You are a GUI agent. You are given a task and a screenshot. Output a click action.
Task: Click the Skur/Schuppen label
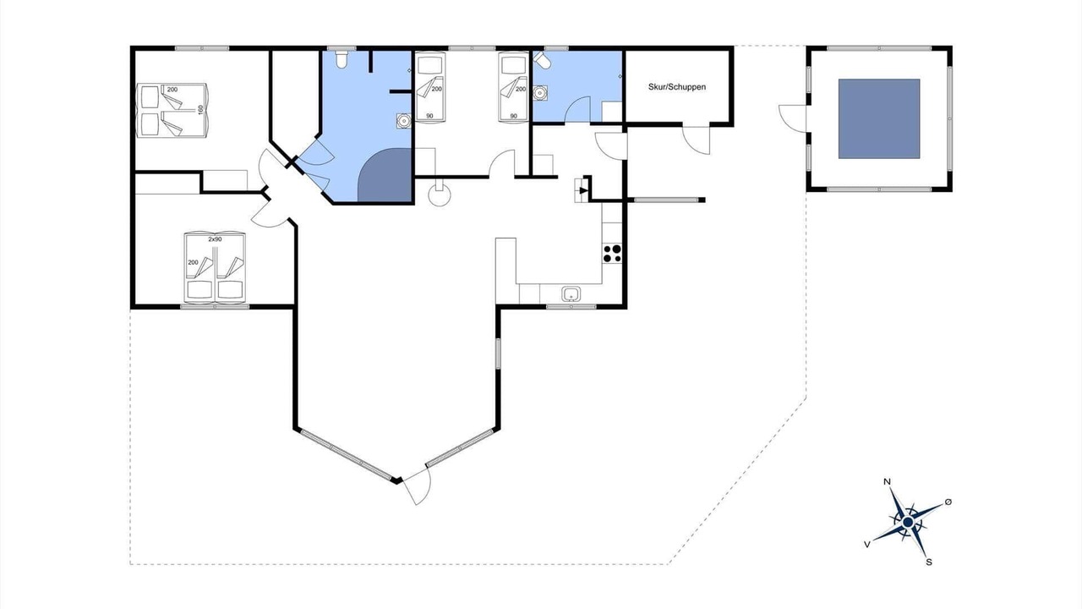[677, 87]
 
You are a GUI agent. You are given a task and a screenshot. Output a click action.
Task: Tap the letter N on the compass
[887, 482]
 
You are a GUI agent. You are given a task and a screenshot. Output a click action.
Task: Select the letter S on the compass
[928, 562]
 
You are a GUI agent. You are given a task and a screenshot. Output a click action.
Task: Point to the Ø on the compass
[948, 502]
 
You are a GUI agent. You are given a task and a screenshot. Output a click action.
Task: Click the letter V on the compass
[867, 545]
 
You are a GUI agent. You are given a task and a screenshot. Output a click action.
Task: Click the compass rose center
[908, 522]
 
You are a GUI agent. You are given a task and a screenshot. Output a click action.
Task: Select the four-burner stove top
[612, 254]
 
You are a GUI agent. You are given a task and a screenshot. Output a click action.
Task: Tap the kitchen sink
[571, 294]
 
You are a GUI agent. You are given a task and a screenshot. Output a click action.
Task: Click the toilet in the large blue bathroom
[342, 59]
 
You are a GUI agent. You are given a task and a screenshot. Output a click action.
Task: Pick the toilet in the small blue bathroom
[542, 60]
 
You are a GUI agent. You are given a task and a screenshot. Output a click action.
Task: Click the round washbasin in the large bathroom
[403, 120]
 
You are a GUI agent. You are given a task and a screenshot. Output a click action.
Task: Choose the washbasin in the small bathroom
[540, 92]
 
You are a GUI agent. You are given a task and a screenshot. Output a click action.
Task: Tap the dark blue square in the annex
[879, 119]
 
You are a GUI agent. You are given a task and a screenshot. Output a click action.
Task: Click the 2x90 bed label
[215, 239]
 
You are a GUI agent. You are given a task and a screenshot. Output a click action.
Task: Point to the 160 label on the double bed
[201, 110]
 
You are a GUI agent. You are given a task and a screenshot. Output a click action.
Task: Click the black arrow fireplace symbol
[583, 190]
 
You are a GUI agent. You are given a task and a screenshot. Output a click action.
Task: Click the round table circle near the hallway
[440, 195]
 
